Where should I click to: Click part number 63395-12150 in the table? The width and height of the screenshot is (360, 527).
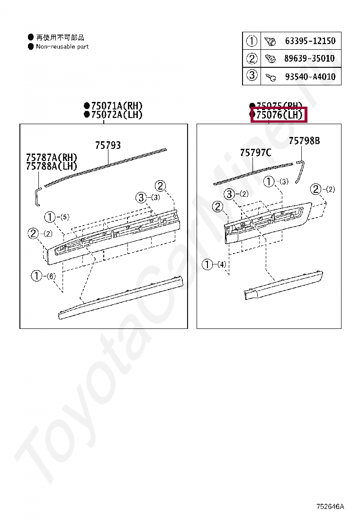[310, 41]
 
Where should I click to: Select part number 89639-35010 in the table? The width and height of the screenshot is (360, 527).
[310, 59]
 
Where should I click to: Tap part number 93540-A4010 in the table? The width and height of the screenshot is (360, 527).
[310, 76]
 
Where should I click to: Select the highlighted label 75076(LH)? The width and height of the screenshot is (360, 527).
[279, 115]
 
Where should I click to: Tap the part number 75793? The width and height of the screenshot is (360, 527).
[108, 145]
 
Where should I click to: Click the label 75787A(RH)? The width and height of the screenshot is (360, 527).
[51, 157]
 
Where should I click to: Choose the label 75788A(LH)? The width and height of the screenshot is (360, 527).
[51, 166]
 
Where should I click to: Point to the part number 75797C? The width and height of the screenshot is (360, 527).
[255, 152]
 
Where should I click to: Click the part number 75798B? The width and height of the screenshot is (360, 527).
[304, 141]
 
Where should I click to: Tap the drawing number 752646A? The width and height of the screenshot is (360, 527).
[330, 507]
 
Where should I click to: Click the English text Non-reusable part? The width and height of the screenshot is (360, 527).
[62, 46]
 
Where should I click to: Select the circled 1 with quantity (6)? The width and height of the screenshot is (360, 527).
[37, 275]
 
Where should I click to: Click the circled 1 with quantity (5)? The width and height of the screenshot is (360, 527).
[50, 218]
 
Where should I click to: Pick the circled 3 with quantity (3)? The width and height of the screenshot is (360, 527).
[141, 198]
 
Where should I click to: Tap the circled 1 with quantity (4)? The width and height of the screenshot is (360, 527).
[207, 264]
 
